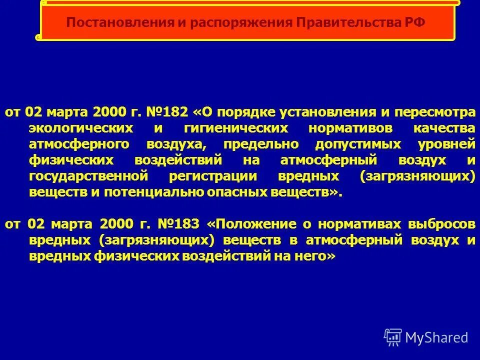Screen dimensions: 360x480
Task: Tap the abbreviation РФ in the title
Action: pos(414,22)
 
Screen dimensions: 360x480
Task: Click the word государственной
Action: pos(89,176)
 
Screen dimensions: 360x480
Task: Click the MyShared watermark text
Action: pos(436,337)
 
